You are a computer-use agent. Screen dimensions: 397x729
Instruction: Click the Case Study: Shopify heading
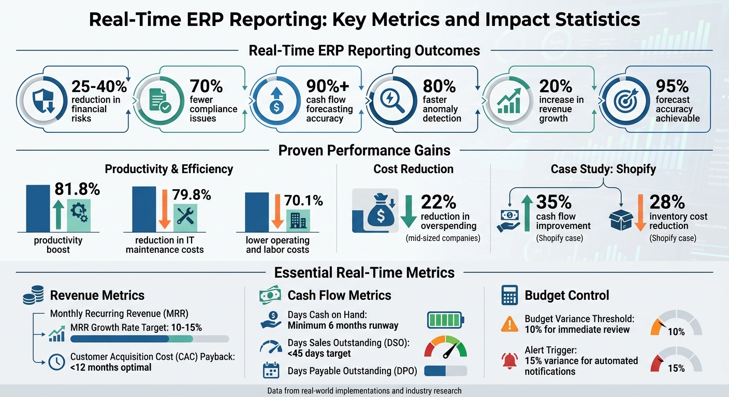[603, 169]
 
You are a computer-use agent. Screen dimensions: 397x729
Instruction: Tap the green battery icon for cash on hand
[446, 320]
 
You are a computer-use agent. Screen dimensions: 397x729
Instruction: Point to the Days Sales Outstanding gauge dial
[445, 347]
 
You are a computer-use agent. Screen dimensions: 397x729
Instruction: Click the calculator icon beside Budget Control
[509, 296]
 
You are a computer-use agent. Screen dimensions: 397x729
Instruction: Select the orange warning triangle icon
[510, 324]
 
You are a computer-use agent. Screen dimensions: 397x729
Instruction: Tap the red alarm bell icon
[510, 360]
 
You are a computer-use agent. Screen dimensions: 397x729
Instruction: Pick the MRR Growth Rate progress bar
[149, 339]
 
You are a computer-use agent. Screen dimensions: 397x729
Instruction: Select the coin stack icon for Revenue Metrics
[33, 296]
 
